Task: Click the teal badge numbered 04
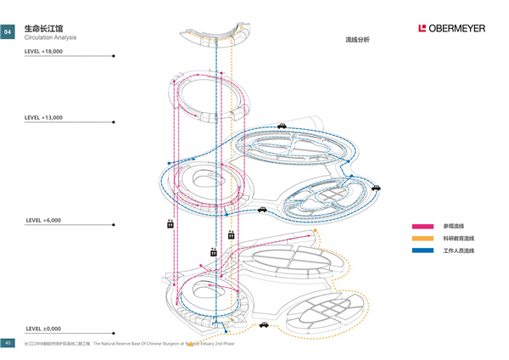tap(8, 31)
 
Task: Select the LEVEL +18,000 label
tap(44, 52)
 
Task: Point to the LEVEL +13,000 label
tap(44, 117)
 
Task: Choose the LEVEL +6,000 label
tap(43, 220)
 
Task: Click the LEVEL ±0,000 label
tap(43, 328)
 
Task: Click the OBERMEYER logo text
tap(456, 28)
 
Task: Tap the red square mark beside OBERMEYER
tap(422, 28)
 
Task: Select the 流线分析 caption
tap(357, 40)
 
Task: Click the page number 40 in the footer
tap(8, 343)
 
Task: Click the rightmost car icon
tap(376, 188)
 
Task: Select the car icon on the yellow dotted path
tap(264, 324)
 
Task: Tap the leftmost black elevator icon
tap(171, 224)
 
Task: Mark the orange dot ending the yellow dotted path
tap(316, 230)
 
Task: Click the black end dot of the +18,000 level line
tap(115, 57)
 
